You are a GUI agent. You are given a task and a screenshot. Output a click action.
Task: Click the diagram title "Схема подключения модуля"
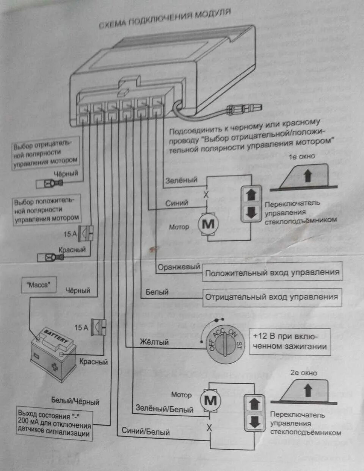point(165,19)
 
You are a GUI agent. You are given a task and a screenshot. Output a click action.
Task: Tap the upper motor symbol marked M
point(208,224)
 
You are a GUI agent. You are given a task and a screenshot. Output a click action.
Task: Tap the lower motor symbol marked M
point(210,401)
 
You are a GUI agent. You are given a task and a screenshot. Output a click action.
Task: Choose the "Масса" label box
point(38,285)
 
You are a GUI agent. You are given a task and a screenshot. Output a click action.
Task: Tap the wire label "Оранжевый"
point(179,267)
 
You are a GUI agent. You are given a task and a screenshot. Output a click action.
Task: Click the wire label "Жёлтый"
point(154,342)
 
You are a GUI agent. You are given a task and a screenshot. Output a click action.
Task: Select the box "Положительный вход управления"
point(272,273)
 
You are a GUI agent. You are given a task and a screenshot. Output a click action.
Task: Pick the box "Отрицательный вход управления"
point(271,297)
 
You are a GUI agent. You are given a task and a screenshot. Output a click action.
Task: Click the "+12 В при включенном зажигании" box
point(290,341)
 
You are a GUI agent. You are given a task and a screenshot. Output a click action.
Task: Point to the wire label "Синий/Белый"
point(146,431)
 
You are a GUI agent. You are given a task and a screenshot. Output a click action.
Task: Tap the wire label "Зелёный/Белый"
point(165,409)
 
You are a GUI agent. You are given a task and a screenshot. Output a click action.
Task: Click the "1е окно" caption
point(302,156)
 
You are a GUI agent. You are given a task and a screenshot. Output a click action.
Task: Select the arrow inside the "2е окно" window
point(308,390)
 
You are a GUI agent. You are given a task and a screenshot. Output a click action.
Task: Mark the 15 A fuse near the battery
point(100,327)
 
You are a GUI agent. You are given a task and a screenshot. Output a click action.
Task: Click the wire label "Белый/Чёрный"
point(75,401)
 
